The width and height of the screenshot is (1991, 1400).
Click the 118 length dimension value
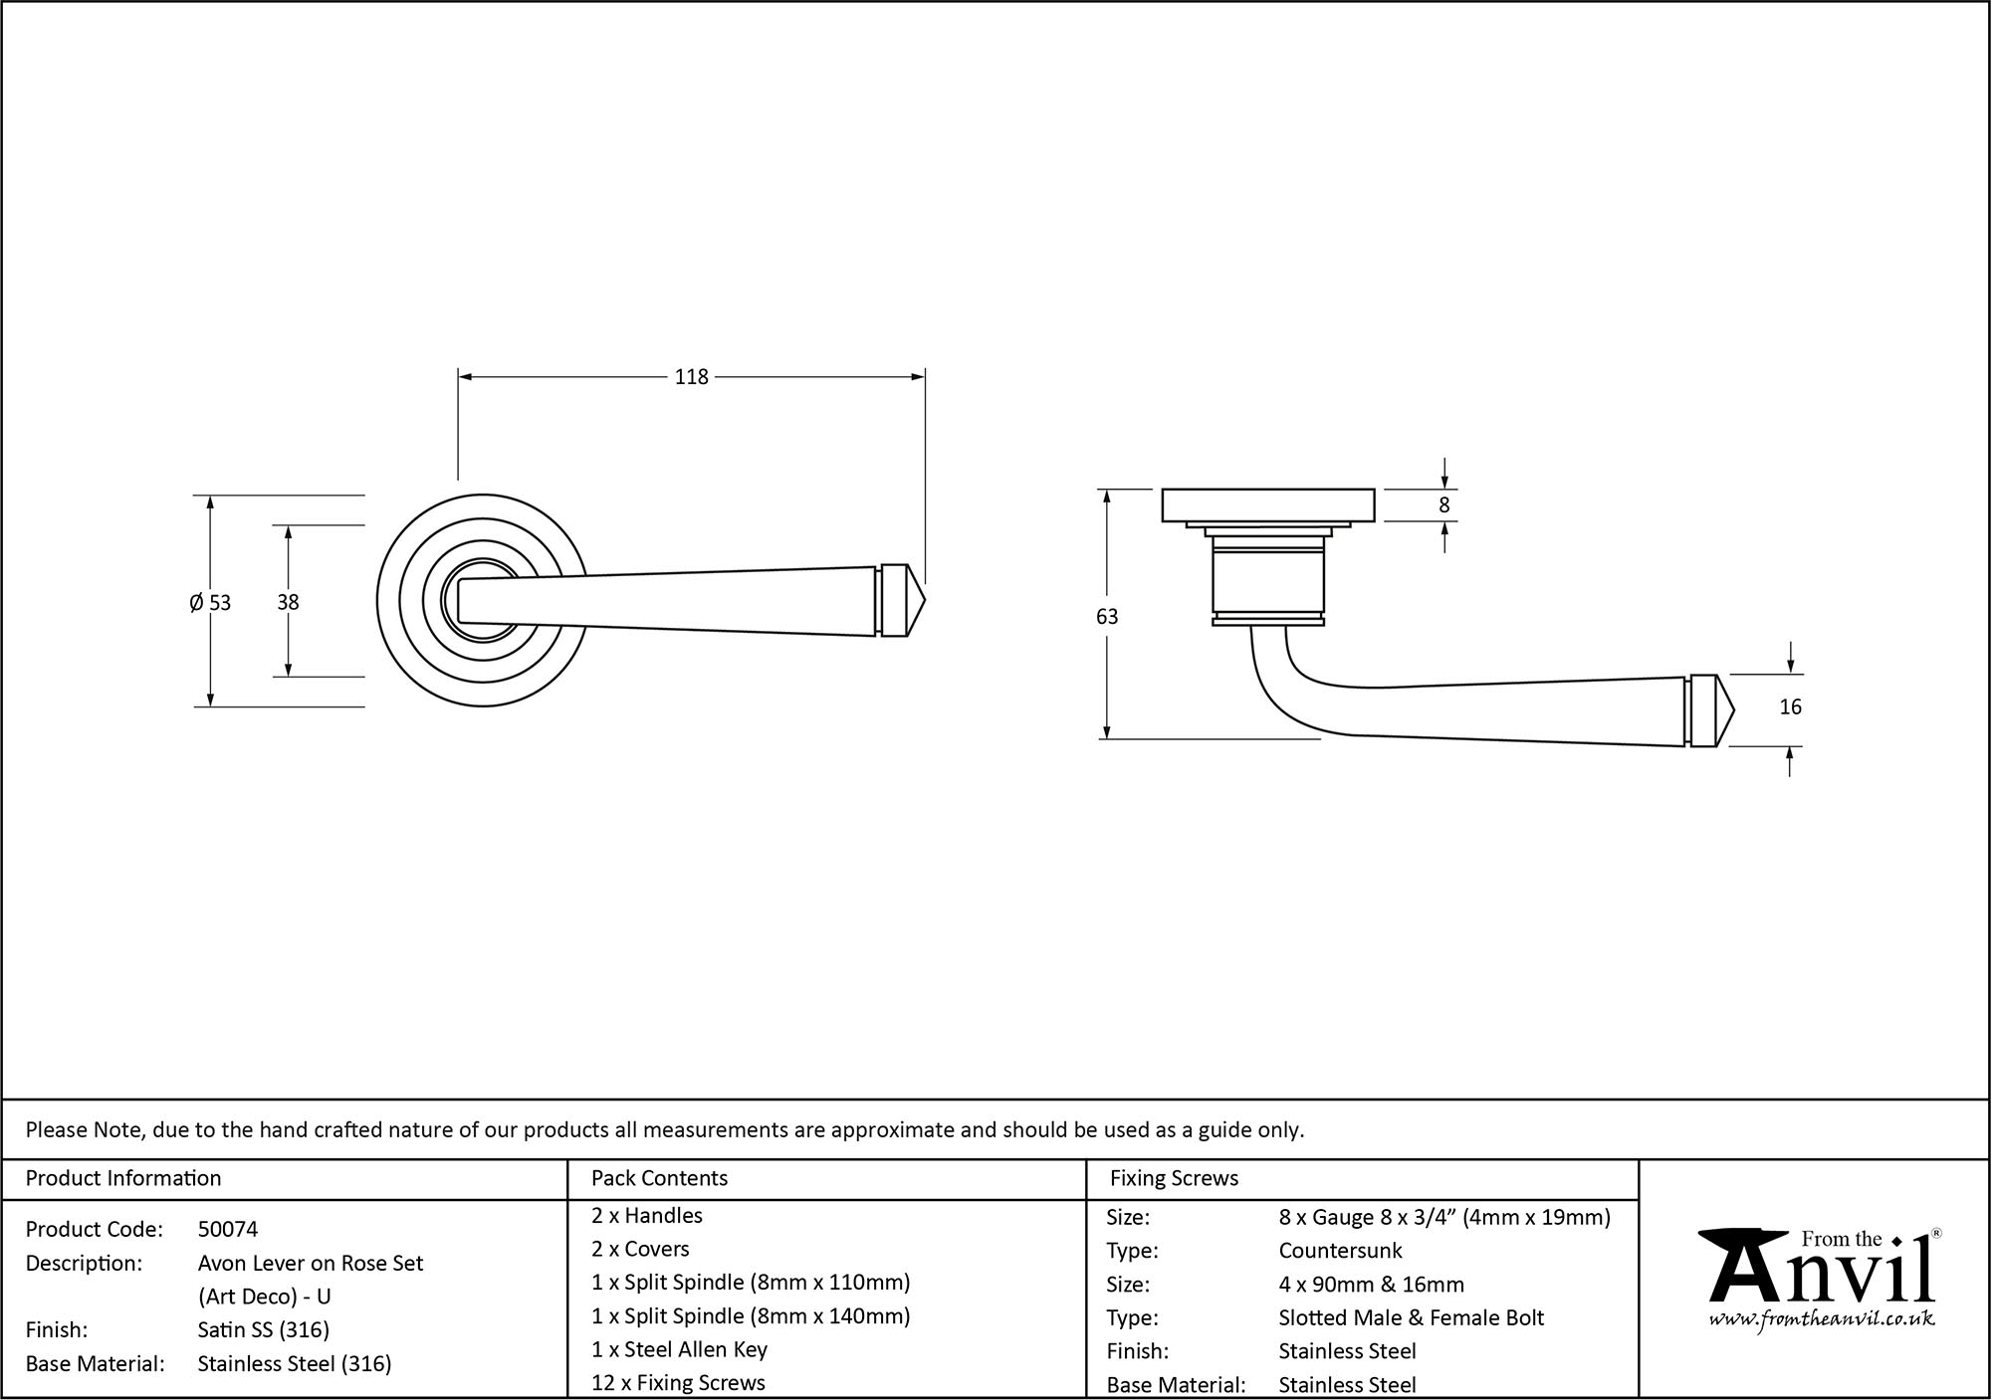pyautogui.click(x=691, y=377)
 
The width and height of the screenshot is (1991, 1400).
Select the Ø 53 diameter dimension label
pyautogui.click(x=210, y=603)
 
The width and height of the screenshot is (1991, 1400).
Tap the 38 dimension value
pyautogui.click(x=288, y=602)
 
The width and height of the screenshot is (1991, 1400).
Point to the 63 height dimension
pyautogui.click(x=1106, y=617)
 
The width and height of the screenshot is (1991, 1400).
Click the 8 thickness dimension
pyautogui.click(x=1444, y=505)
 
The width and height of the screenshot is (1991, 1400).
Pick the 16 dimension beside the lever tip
pyautogui.click(x=1790, y=707)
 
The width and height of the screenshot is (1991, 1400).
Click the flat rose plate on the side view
pyautogui.click(x=1268, y=504)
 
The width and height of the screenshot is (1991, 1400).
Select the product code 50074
pyautogui.click(x=228, y=1230)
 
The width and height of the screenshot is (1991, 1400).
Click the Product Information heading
pyautogui.click(x=123, y=1178)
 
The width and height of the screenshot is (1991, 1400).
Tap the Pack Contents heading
pyautogui.click(x=659, y=1178)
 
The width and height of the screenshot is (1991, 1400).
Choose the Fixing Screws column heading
pyautogui.click(x=1174, y=1178)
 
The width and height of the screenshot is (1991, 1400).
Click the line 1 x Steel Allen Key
pyautogui.click(x=679, y=1349)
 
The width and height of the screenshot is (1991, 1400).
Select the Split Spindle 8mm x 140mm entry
pyautogui.click(x=751, y=1316)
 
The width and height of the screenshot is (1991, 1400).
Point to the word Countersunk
pyautogui.click(x=1340, y=1251)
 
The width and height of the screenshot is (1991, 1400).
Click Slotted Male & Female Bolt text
pyautogui.click(x=1411, y=1318)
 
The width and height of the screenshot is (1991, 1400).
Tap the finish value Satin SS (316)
pyautogui.click(x=263, y=1330)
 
